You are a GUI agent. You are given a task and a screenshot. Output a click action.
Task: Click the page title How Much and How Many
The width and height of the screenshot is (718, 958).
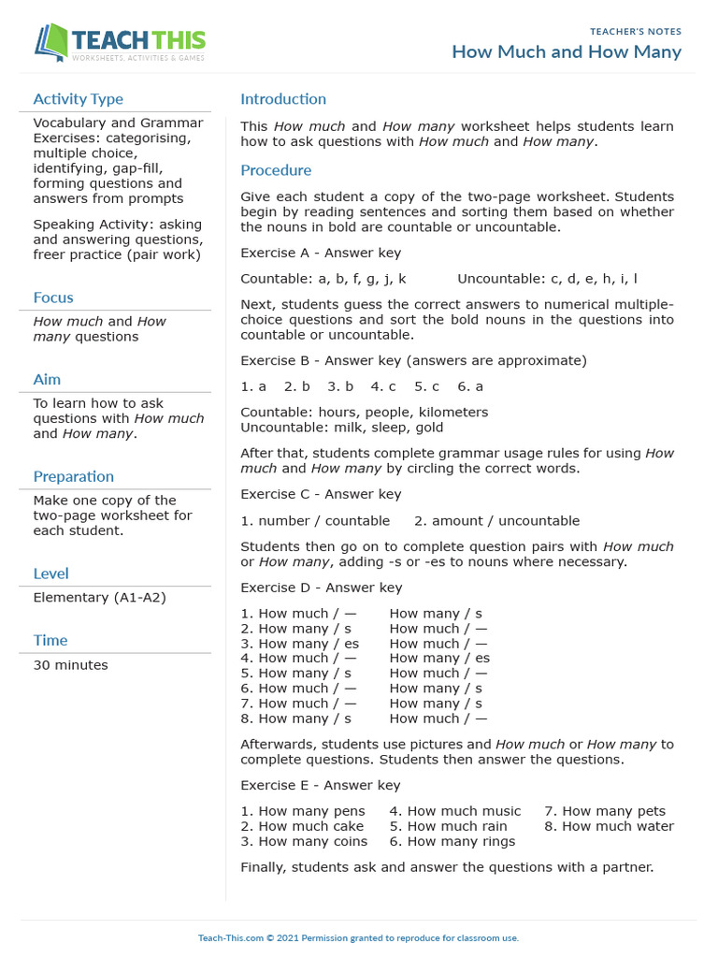click(x=567, y=51)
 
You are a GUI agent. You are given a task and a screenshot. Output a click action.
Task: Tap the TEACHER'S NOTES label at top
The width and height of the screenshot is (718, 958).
click(x=636, y=31)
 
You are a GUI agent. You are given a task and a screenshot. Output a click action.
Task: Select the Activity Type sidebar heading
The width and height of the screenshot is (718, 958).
click(x=78, y=99)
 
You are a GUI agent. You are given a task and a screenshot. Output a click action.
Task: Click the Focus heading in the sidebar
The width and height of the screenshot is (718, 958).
click(x=53, y=298)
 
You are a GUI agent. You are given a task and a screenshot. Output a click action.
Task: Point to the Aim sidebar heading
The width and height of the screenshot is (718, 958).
click(x=47, y=379)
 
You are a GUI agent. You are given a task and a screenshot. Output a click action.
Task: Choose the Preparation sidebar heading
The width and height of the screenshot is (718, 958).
click(x=73, y=476)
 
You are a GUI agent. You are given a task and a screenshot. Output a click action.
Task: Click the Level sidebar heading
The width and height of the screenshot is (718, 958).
click(x=50, y=573)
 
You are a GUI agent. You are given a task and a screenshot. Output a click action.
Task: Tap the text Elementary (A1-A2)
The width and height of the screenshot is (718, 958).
click(x=99, y=597)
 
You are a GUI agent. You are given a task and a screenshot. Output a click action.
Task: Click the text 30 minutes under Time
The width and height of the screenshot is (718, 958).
click(x=70, y=665)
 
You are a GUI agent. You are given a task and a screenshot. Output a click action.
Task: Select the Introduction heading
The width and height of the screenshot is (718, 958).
click(x=283, y=99)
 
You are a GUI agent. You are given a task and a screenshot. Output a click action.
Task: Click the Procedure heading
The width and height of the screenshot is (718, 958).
click(x=276, y=170)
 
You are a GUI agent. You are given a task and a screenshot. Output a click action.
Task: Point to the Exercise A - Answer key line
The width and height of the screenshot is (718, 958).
click(x=321, y=253)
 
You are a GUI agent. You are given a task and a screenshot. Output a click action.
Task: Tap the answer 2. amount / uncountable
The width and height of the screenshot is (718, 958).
click(x=496, y=520)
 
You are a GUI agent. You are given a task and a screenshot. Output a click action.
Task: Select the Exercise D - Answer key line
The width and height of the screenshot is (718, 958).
click(x=321, y=588)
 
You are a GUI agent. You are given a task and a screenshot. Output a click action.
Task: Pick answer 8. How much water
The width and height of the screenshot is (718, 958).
click(x=609, y=826)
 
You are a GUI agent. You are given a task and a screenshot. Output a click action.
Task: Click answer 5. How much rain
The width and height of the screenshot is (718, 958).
click(x=448, y=826)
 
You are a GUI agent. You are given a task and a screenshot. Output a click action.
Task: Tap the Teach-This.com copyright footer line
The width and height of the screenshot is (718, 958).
click(x=358, y=937)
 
